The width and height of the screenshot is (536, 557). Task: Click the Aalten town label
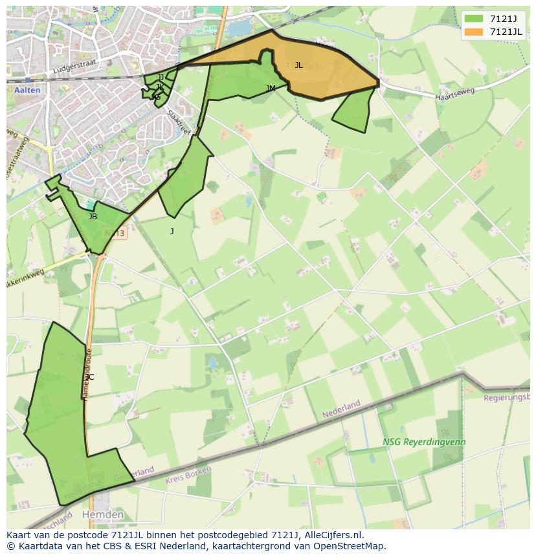[27, 90]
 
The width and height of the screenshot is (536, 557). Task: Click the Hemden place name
[103, 514]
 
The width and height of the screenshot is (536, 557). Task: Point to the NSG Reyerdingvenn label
[424, 442]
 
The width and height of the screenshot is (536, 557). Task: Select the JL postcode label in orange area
[298, 65]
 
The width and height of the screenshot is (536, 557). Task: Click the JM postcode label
[271, 89]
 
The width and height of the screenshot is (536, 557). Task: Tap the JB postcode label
[93, 217]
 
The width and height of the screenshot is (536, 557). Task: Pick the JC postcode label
[89, 377]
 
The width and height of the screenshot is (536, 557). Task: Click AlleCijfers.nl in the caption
[334, 535]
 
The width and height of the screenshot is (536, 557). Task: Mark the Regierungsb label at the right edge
[507, 397]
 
